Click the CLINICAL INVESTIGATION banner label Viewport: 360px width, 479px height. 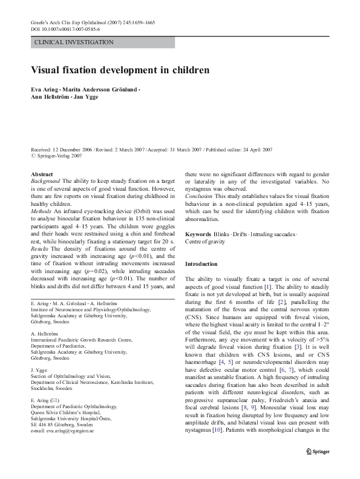(74, 42)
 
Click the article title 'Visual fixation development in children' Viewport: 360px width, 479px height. (120, 70)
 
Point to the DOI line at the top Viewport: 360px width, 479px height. (65, 28)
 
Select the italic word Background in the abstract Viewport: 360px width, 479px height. (45, 181)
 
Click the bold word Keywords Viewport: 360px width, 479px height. (198, 234)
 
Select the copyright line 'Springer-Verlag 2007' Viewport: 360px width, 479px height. (59, 156)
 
